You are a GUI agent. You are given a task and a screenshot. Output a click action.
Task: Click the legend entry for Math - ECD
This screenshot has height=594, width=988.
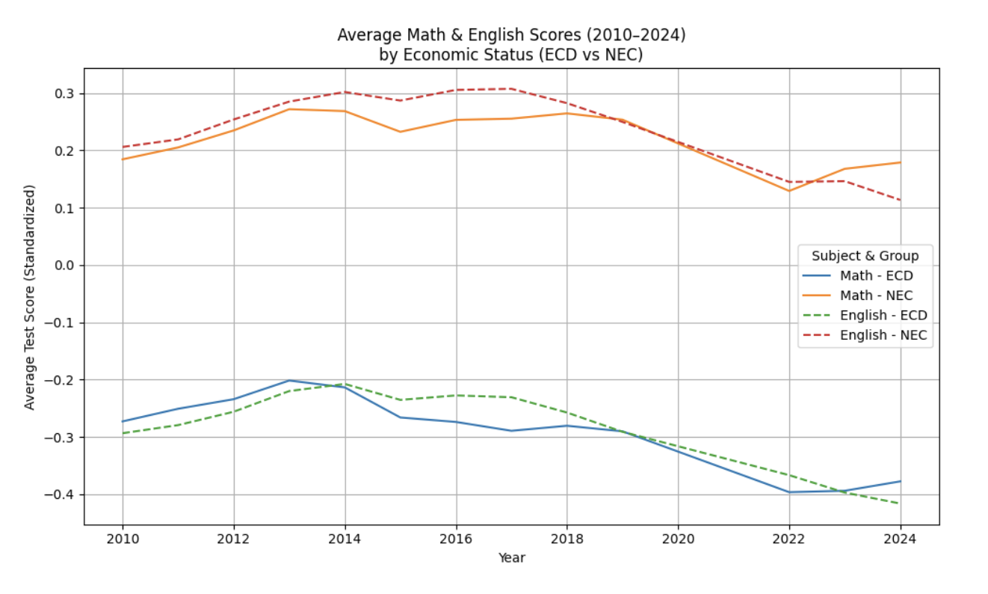[x=876, y=275]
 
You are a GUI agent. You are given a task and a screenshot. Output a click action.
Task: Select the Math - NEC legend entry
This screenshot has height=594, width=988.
[x=876, y=296]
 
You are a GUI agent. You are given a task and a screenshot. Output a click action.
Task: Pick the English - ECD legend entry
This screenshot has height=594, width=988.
[x=883, y=316]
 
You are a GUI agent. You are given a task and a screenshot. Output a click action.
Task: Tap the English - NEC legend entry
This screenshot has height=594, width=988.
[x=883, y=335]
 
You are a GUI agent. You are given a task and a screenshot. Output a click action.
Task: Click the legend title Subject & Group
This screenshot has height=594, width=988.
[x=865, y=256]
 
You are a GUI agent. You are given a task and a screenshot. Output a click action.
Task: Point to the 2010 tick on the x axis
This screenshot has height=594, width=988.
[x=123, y=539]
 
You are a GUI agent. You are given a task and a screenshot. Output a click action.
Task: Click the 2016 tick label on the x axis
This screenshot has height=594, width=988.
[x=456, y=539]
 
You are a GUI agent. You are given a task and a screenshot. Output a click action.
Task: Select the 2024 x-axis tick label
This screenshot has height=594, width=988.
[x=901, y=539]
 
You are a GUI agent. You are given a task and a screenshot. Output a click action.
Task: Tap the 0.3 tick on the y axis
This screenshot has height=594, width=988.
[x=67, y=94]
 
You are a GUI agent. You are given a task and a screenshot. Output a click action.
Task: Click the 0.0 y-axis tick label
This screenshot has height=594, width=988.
[x=67, y=266]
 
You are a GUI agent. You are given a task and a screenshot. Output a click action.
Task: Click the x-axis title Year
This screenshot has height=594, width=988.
[x=512, y=558]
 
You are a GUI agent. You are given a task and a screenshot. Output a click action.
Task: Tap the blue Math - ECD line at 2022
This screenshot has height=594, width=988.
[x=789, y=492]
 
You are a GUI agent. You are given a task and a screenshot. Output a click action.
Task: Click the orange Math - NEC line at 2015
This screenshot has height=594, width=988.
[x=401, y=132]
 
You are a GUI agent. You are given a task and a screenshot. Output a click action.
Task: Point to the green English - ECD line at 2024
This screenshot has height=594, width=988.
[x=900, y=503]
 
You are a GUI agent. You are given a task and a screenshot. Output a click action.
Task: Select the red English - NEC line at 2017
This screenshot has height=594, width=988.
[x=511, y=88]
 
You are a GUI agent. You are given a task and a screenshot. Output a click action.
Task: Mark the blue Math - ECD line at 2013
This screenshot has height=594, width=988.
[x=289, y=380]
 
